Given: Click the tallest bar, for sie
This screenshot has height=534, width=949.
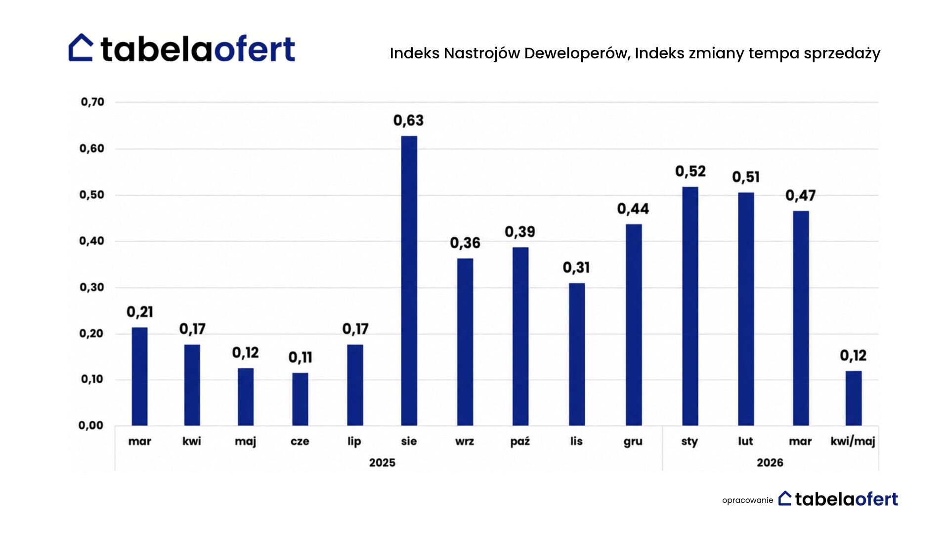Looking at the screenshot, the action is tap(409, 280).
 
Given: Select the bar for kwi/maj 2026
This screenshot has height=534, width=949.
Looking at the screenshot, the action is tap(853, 398).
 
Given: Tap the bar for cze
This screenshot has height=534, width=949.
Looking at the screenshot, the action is tap(300, 399).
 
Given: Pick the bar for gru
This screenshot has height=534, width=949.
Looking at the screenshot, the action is tap(634, 325).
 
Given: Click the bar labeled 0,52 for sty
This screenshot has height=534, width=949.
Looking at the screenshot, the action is tap(690, 306).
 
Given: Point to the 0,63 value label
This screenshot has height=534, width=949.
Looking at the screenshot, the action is tap(408, 121).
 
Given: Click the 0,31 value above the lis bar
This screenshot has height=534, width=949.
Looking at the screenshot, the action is tap(576, 268).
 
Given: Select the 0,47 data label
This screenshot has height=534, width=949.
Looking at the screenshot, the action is tap(800, 196).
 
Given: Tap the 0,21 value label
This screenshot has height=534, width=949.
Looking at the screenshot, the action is tap(140, 312).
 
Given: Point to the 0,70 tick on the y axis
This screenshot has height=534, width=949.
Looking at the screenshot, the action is tap(92, 102).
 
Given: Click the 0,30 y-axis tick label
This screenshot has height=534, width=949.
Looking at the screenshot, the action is tap(92, 287).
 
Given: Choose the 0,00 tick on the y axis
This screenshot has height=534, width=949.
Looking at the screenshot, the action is tap(91, 425).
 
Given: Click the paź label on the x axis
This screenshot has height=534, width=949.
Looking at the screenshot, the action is tap(520, 442).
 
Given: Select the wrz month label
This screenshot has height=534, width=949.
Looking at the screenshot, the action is tap(465, 442).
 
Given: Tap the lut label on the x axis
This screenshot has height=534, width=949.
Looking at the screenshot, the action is tap(745, 441).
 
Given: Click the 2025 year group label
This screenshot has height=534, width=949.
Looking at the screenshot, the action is tap(382, 463).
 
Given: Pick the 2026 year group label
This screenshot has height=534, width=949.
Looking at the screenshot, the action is tap(770, 463).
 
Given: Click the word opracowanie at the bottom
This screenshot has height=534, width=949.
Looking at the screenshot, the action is tap(747, 500).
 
